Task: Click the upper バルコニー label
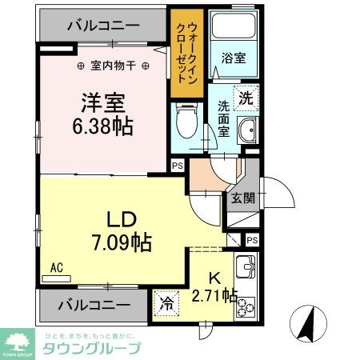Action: [x=98, y=25]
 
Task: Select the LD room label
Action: [x=125, y=218]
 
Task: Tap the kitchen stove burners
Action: [x=244, y=305]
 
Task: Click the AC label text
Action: [x=57, y=268]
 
